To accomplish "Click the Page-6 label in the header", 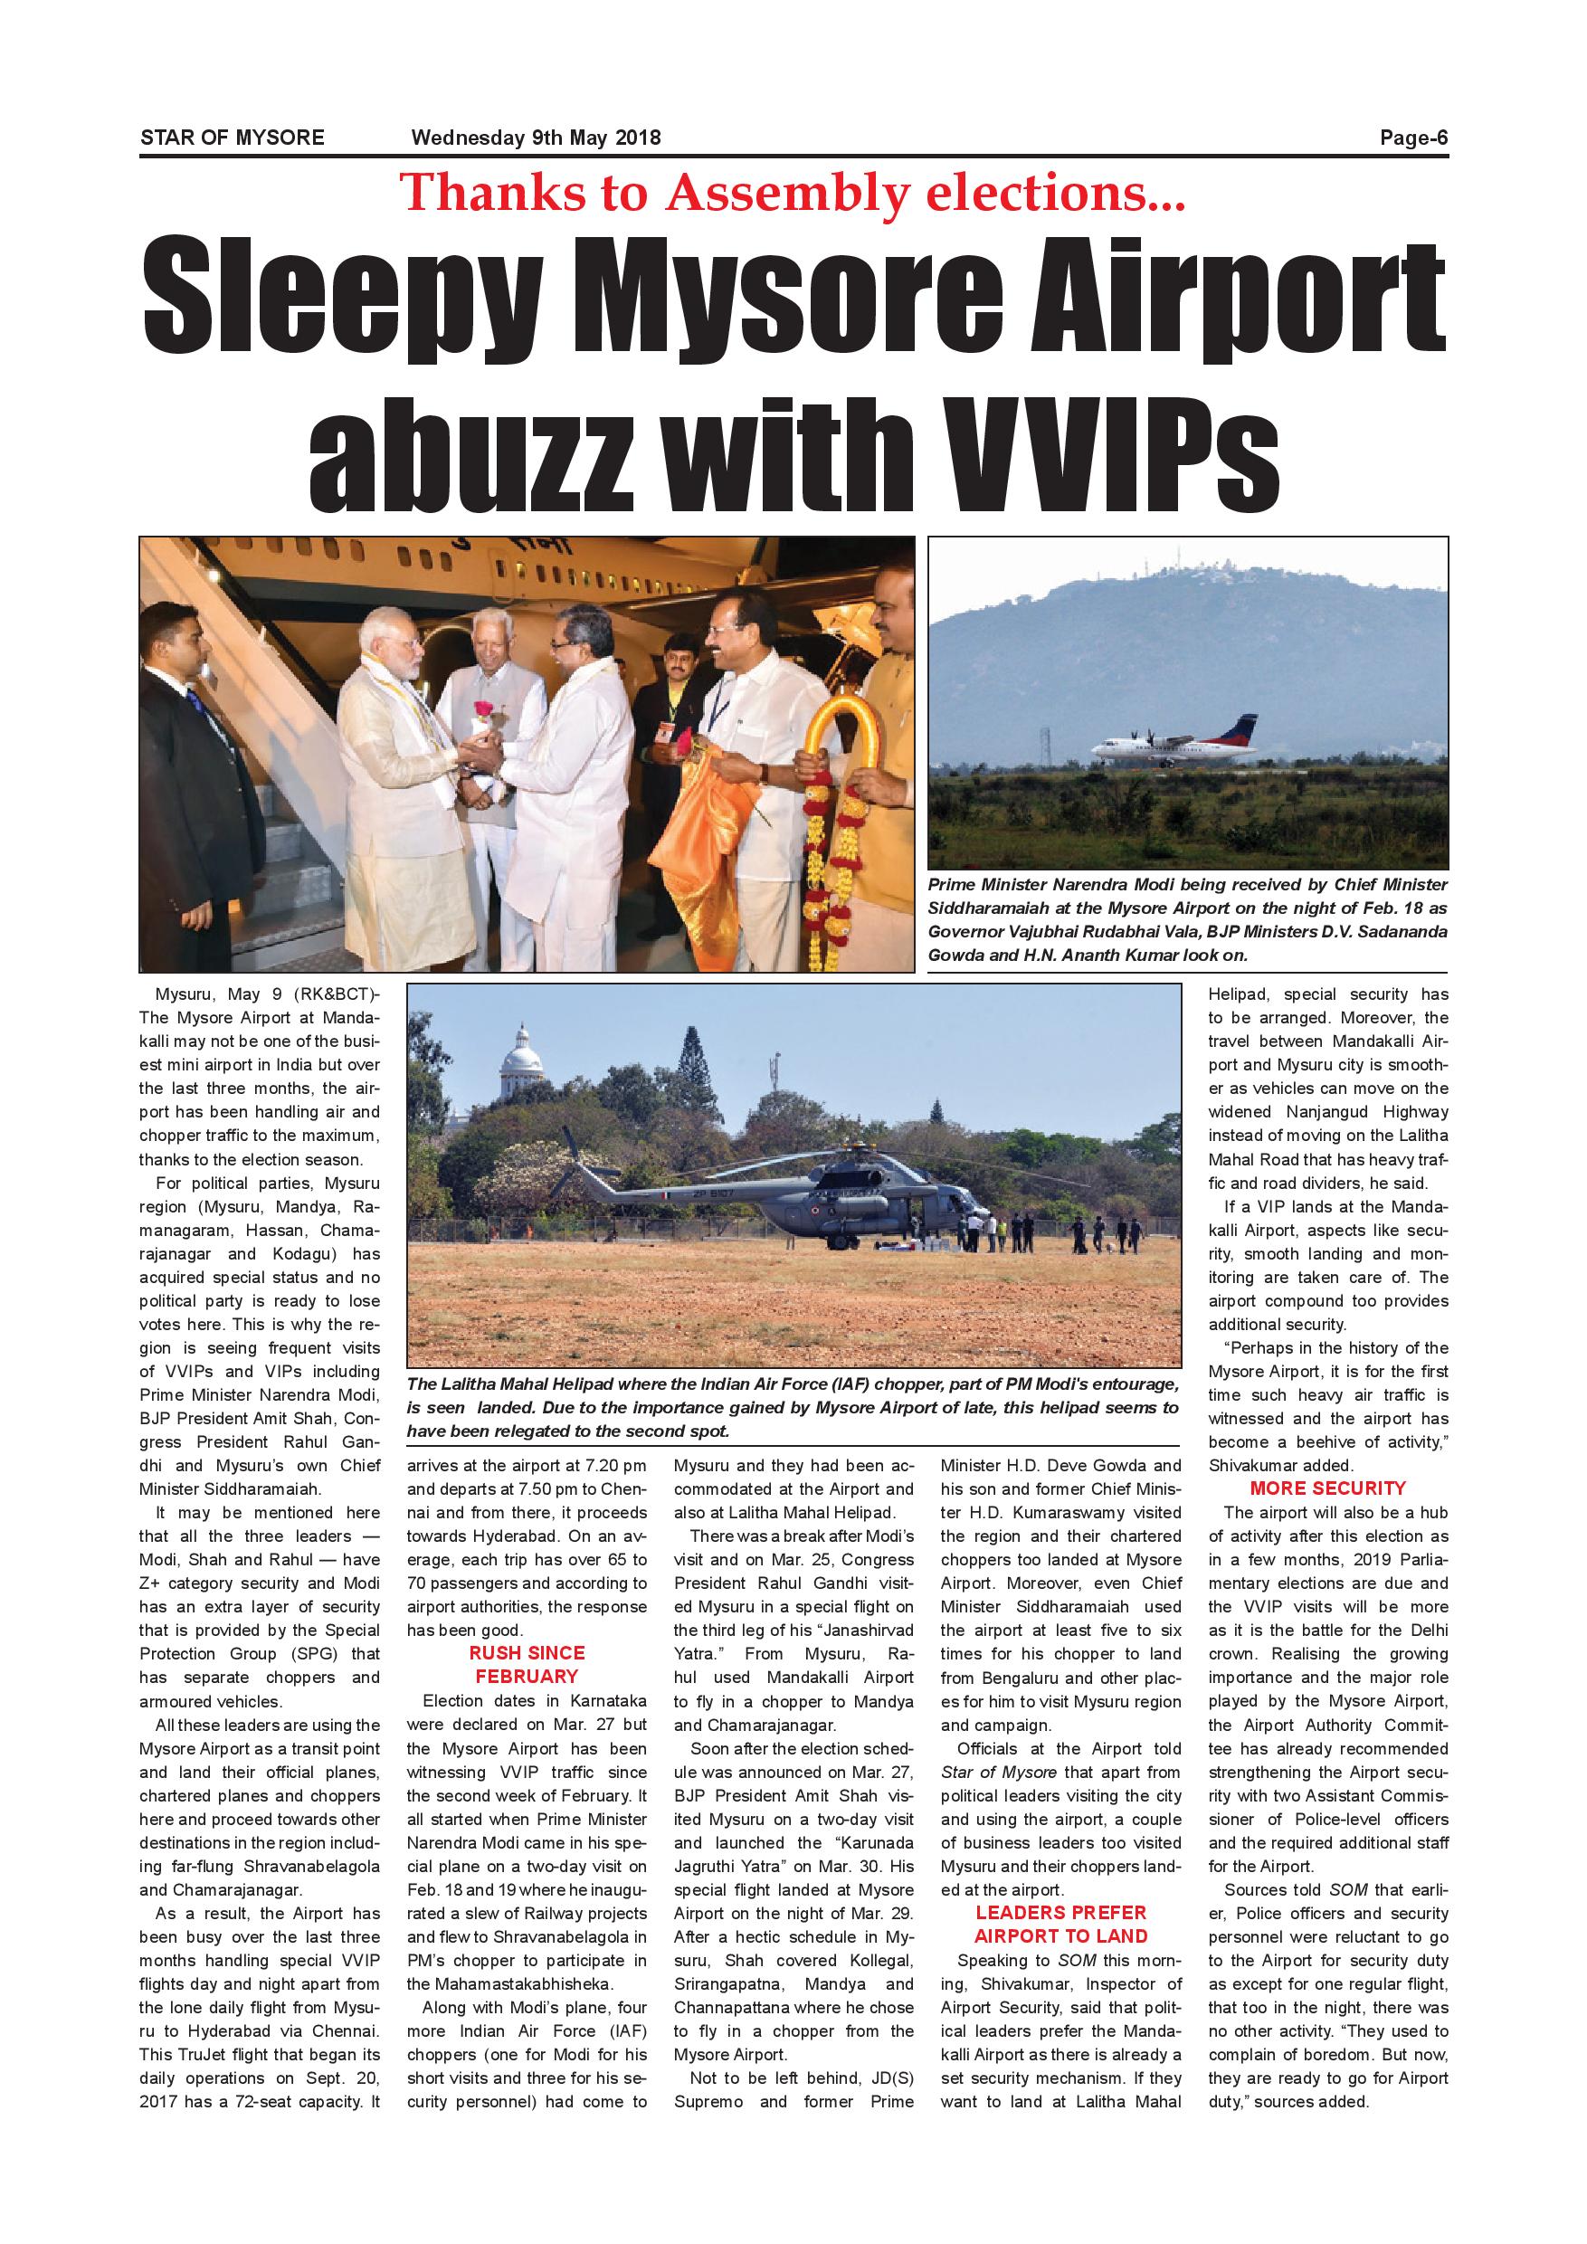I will coord(1412,138).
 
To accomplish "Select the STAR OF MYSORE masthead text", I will coord(232,138).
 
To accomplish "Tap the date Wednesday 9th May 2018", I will coord(536,138).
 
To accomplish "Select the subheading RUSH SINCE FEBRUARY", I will coord(527,1664).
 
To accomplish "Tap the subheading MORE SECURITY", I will coord(1327,1488).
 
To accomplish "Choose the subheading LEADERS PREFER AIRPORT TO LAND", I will coord(1060,1925).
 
